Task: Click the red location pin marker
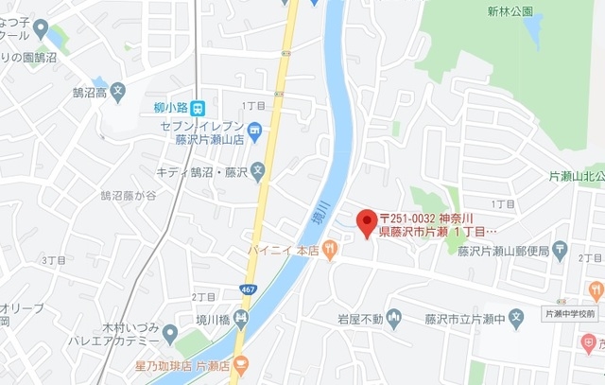click(364, 223)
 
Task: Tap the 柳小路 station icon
click(198, 107)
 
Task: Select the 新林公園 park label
click(510, 11)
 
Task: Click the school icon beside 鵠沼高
click(117, 93)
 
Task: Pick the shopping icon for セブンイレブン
click(255, 130)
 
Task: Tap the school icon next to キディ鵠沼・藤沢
click(258, 171)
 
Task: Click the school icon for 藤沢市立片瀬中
click(515, 318)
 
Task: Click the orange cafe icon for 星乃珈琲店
click(241, 363)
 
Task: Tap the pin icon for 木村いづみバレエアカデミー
click(170, 332)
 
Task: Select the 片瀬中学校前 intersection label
click(570, 312)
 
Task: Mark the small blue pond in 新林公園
click(534, 33)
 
